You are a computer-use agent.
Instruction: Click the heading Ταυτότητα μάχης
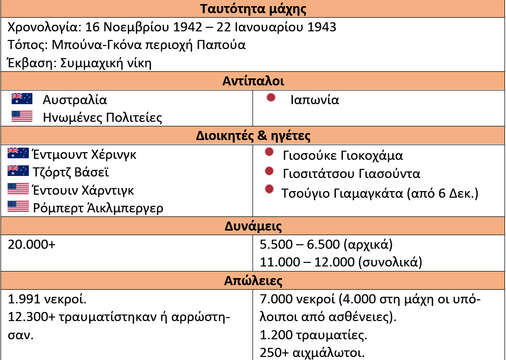pos(253,9)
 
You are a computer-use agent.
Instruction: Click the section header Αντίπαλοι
pos(253,81)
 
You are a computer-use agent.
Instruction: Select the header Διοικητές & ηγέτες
pos(253,136)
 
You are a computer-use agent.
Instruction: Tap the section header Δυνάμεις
pos(253,226)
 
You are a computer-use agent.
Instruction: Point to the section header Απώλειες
pos(253,281)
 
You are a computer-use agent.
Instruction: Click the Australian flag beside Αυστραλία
pos(22,99)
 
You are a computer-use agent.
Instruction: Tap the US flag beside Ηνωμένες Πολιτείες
pos(22,117)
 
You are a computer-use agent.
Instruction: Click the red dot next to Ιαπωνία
pos(271,98)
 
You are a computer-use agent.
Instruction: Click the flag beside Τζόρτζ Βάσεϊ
pos(18,171)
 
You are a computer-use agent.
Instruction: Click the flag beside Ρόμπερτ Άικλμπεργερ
pos(18,207)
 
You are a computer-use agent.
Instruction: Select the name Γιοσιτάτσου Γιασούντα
pos(352,174)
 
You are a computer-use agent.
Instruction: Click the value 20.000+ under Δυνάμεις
pos(31,244)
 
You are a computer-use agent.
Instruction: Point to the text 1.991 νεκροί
pos(48,299)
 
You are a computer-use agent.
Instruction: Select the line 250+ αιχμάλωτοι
pos(312,352)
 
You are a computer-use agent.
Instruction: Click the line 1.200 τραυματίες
pos(313,335)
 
